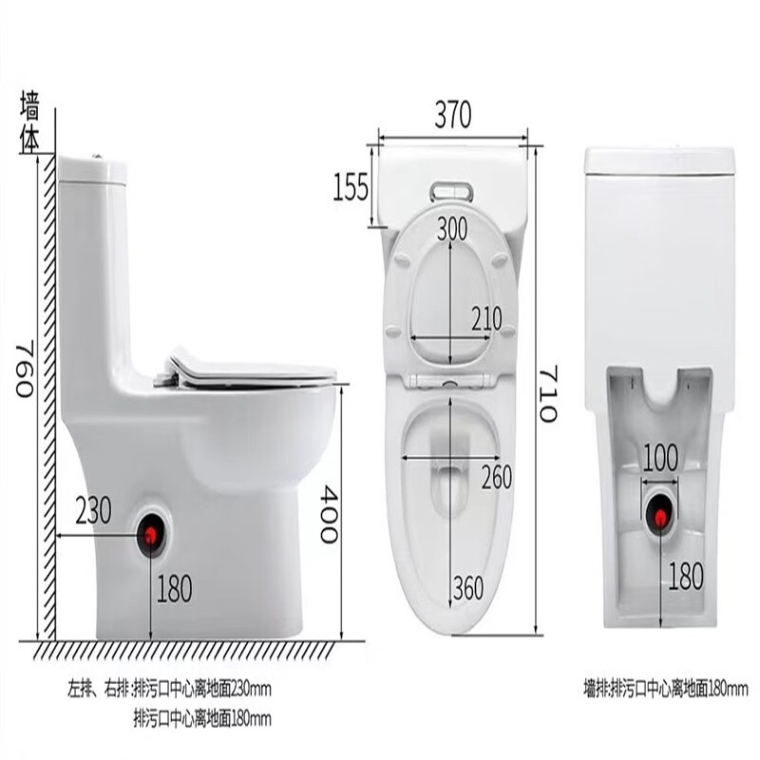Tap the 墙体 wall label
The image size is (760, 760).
30,123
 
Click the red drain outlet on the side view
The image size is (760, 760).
150,536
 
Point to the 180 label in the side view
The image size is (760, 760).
174,589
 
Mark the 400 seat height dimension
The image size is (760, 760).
327,513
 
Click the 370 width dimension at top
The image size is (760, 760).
453,115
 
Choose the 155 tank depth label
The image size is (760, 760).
351,188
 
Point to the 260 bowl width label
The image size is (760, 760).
496,477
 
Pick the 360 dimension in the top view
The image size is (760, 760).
467,589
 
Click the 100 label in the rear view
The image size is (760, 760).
659,458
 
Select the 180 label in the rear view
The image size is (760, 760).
686,574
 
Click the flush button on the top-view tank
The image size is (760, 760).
451,191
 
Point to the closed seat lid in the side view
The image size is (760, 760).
252,370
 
